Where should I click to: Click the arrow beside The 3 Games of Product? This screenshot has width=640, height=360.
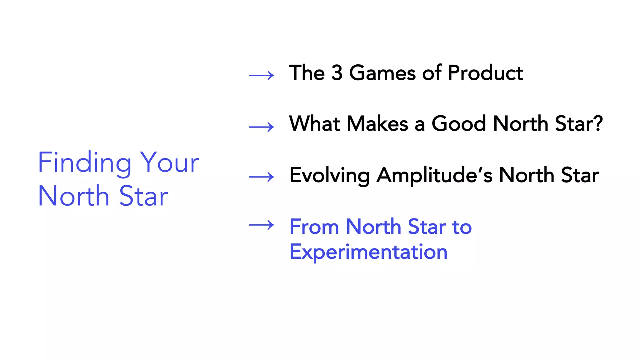tap(262, 75)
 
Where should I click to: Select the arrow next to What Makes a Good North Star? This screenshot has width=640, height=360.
tap(262, 127)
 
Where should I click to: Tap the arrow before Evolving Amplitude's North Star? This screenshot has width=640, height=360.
tap(262, 177)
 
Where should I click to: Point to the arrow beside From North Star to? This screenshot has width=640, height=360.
tap(262, 225)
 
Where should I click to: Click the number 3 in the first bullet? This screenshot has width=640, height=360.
tap(337, 73)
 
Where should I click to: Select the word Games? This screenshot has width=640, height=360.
tap(382, 73)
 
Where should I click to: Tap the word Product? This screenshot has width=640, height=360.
tap(485, 73)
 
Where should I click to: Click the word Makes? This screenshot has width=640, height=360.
tap(377, 123)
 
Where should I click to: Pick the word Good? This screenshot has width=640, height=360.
tap(459, 123)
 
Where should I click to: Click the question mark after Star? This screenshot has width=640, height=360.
tap(598, 123)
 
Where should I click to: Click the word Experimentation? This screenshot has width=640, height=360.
tap(368, 252)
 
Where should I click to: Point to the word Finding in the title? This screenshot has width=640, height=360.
tap(84, 162)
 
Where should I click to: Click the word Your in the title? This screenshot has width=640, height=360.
tap(169, 162)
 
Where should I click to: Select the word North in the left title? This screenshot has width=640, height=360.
tap(73, 196)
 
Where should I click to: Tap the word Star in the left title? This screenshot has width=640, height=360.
tap(144, 196)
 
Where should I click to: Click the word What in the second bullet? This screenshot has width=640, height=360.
tap(315, 123)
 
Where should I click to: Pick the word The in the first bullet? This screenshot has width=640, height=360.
tap(307, 73)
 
